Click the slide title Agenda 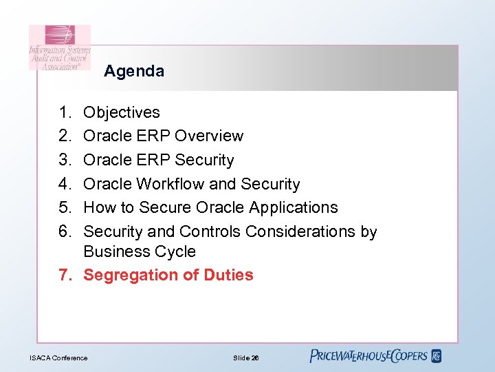(x=134, y=71)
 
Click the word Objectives (x=122, y=112)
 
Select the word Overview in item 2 (x=209, y=136)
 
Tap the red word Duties (x=228, y=275)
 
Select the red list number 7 (x=65, y=275)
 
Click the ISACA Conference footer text (x=58, y=358)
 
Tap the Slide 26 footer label (x=246, y=358)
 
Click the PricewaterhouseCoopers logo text (x=369, y=356)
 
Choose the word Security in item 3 (x=204, y=160)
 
